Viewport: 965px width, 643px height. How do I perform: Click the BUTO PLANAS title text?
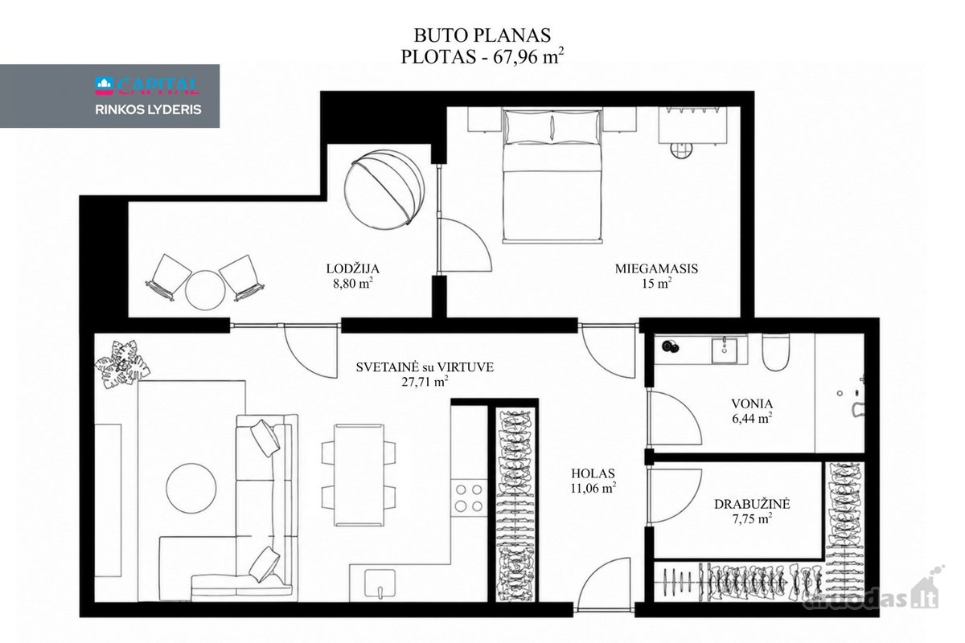[x=482, y=35]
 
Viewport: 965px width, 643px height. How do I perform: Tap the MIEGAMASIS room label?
[x=656, y=268]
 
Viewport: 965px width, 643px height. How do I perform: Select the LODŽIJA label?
[x=352, y=268]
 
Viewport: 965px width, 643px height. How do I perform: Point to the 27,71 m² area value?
[x=425, y=382]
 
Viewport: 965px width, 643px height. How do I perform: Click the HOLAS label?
[x=593, y=473]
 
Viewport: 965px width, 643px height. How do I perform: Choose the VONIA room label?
[x=752, y=403]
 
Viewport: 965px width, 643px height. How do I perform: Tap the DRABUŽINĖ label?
[x=752, y=504]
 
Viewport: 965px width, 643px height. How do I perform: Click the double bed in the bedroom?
[x=552, y=175]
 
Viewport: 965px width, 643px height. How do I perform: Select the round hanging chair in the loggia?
[x=384, y=189]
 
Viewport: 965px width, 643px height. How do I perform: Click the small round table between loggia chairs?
[x=205, y=290]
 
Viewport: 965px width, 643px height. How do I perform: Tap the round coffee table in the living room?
[x=191, y=488]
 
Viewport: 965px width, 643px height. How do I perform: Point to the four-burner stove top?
[x=469, y=498]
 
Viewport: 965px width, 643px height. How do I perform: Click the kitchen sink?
[x=380, y=583]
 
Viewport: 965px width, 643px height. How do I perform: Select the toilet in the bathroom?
[x=775, y=351]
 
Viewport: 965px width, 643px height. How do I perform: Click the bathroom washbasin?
[x=725, y=350]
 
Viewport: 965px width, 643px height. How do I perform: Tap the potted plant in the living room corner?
[x=122, y=364]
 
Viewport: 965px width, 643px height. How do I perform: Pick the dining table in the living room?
[x=359, y=475]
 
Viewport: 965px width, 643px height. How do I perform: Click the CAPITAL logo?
[x=147, y=86]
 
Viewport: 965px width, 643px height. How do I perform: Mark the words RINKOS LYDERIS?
[x=148, y=110]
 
